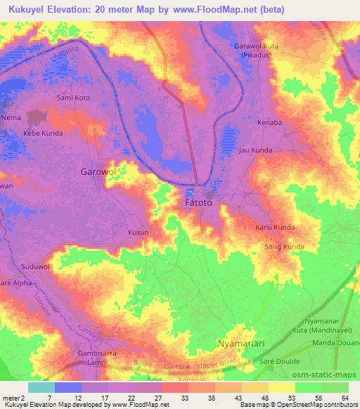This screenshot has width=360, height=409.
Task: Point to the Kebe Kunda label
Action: click(x=43, y=133)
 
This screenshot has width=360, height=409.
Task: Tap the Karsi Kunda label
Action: click(x=275, y=228)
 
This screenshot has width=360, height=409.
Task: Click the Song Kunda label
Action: click(x=283, y=247)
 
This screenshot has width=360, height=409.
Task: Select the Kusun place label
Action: click(x=137, y=231)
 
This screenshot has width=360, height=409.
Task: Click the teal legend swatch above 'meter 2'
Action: click(x=40, y=387)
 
